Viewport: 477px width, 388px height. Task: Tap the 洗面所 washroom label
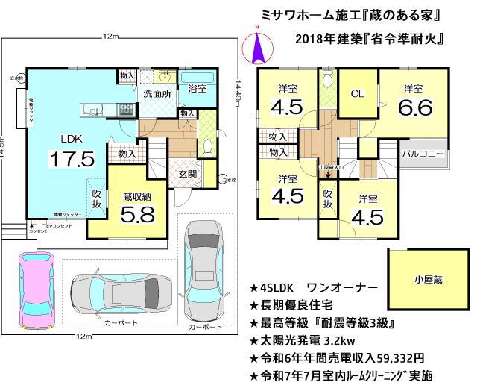click(158, 95)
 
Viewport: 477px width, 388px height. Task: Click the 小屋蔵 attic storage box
click(428, 280)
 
